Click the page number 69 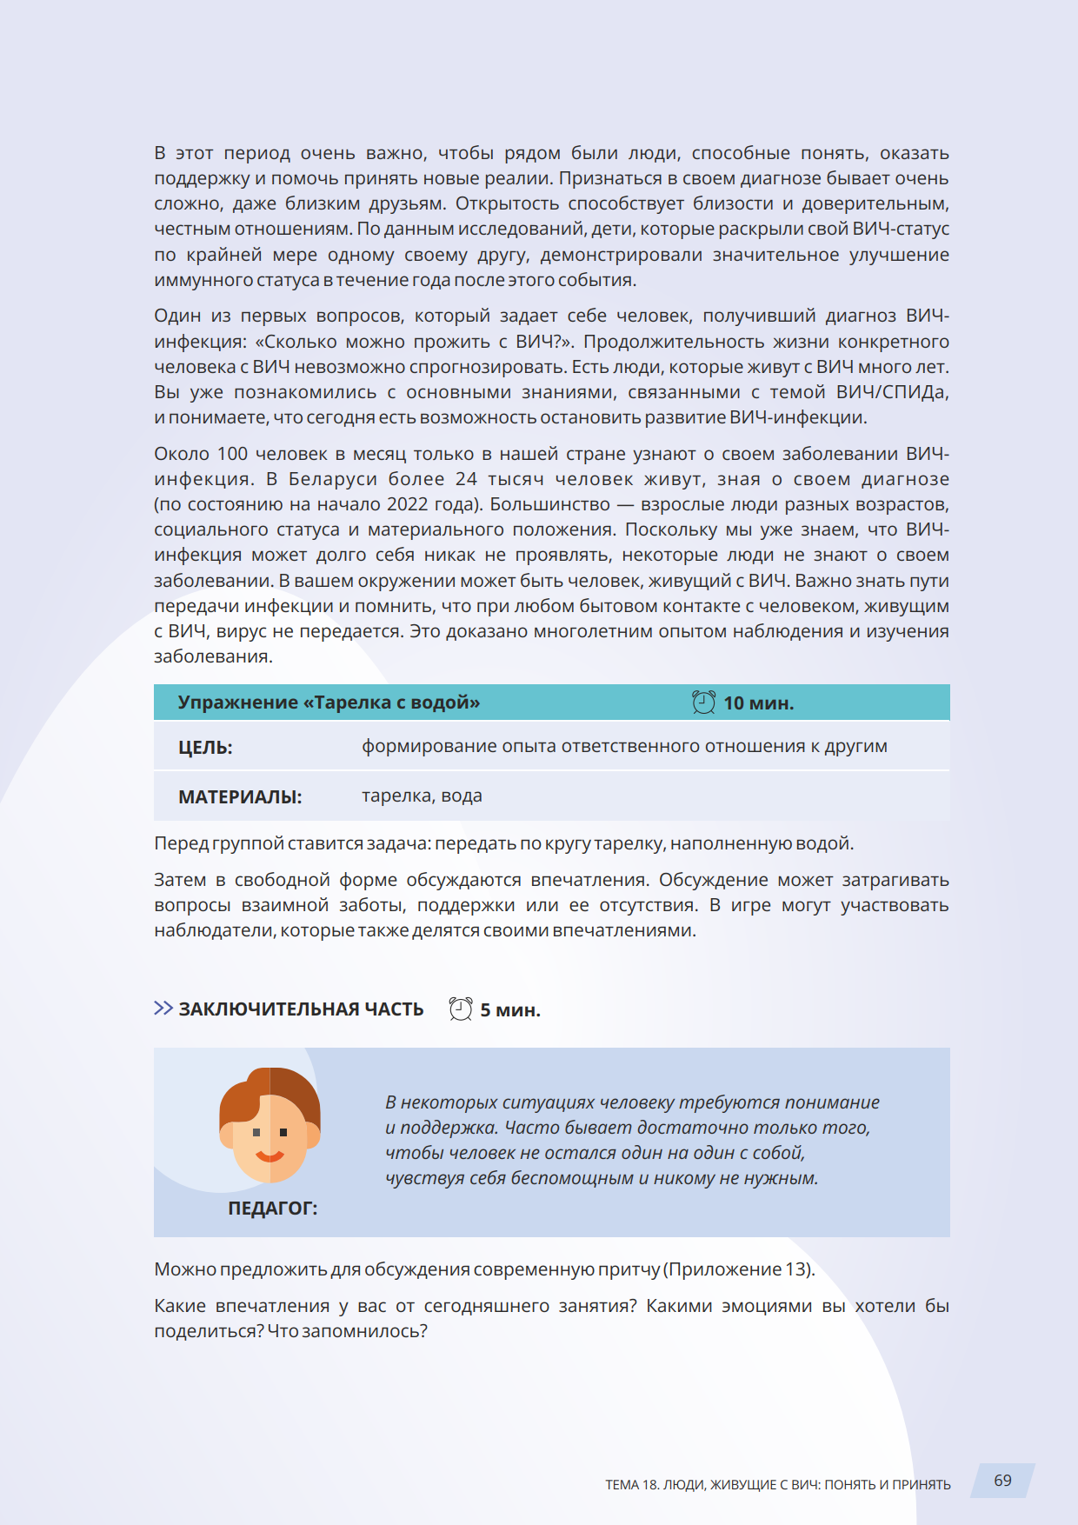pos(1002,1481)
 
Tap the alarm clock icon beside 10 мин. pos(703,703)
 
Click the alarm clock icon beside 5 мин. pos(461,1009)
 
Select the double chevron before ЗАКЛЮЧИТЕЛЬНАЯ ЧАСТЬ pos(163,1009)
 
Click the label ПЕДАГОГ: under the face pos(273,1209)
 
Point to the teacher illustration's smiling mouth pos(269,1156)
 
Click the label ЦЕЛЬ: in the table pos(205,748)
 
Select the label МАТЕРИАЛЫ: pos(240,797)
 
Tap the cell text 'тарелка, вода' pos(422,796)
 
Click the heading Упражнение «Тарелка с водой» pos(329,703)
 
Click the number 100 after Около pos(232,454)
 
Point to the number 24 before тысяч pos(466,479)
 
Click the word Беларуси pos(333,479)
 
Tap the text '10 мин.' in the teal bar pos(758,703)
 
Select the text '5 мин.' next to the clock pos(510,1010)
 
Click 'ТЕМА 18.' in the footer pos(632,1485)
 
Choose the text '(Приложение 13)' pos(740,1269)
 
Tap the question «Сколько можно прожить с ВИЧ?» pos(415,342)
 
